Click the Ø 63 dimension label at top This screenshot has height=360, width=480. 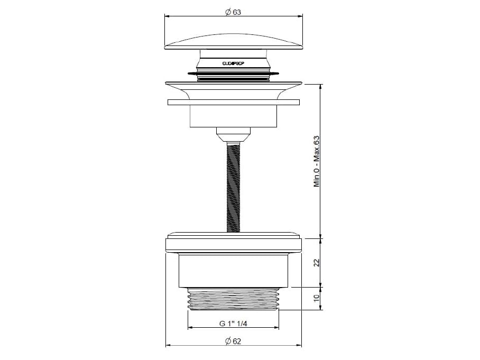tap(233, 13)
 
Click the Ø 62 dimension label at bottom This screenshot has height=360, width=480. tap(233, 341)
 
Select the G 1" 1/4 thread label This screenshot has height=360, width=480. tap(234, 324)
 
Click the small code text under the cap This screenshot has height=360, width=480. tap(233, 62)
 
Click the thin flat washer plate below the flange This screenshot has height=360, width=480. tap(234, 103)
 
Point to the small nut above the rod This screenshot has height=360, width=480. tap(233, 132)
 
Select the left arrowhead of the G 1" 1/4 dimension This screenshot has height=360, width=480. tap(191, 328)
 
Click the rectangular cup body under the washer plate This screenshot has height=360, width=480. tap(234, 116)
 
